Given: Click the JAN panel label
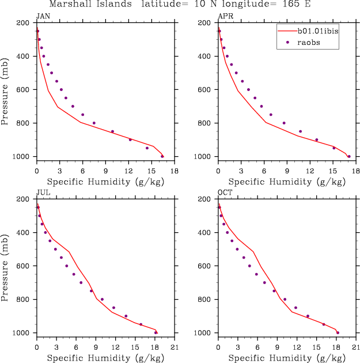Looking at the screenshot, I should click(42, 17).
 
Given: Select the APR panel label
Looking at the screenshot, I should click(225, 17).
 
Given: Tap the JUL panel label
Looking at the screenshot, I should click(42, 193).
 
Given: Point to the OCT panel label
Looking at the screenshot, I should click(225, 193).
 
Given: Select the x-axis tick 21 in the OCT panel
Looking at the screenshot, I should click(357, 347).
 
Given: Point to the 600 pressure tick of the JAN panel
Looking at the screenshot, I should click(24, 90).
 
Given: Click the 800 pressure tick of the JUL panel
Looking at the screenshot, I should click(24, 300).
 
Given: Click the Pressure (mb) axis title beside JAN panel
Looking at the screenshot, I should click(5, 90).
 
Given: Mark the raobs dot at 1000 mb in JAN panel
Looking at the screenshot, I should click(162, 156).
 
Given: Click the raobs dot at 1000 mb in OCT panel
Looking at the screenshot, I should click(338, 332).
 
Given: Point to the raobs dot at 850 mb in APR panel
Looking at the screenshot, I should click(300, 131).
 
